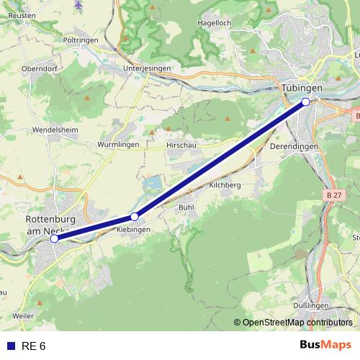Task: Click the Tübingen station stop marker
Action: point(306,102)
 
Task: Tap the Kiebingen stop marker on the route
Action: point(135,217)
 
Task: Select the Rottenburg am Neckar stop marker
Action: point(54,238)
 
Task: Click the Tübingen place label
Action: point(302,87)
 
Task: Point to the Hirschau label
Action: point(181,144)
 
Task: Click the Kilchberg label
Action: point(224,185)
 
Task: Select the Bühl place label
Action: point(186,207)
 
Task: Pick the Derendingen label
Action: point(294,146)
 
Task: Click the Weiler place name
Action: point(23,315)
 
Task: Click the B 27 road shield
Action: point(333,195)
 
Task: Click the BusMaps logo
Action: point(325,346)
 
